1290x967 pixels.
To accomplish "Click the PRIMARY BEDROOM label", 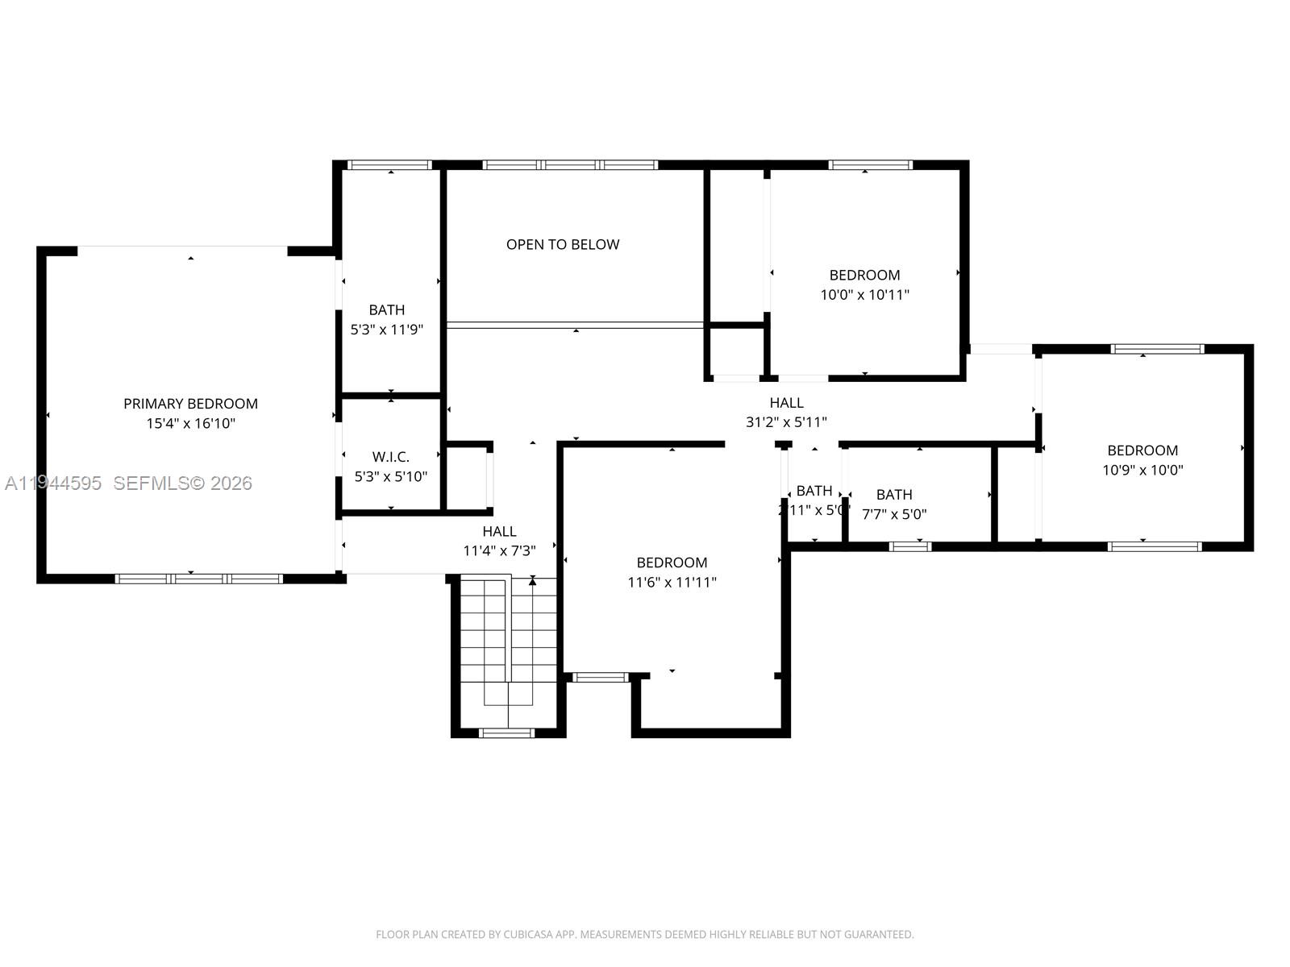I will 190,404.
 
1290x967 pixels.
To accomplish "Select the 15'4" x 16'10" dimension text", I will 190,423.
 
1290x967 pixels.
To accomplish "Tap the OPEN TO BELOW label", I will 563,244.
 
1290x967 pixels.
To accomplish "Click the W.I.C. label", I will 391,457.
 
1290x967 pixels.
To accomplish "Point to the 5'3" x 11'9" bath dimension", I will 387,330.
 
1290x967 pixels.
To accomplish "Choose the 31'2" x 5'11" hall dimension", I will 786,421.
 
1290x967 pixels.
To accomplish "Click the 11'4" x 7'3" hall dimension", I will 499,551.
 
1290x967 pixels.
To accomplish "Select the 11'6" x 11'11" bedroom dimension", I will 672,582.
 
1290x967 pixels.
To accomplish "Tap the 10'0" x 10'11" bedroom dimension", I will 864,295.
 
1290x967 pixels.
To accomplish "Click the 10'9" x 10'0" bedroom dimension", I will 1142,470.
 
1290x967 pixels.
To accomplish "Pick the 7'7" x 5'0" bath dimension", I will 894,514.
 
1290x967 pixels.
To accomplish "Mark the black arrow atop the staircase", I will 532,580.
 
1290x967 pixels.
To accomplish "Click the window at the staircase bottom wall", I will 506,733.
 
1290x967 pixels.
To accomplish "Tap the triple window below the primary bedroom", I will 199,579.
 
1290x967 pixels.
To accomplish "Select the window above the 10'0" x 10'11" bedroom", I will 870,165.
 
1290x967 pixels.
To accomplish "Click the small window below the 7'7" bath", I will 910,546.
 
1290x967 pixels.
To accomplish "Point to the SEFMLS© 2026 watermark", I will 183,483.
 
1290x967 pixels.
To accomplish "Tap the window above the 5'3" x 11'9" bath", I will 389,165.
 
